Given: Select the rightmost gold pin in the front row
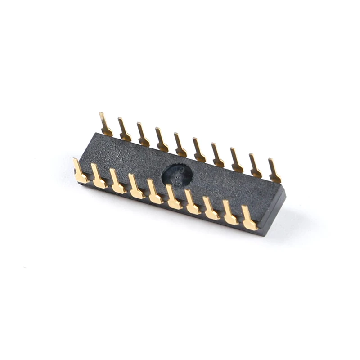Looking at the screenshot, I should [249, 219].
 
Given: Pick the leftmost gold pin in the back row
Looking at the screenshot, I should [105, 125].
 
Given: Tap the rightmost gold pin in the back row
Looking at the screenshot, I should [274, 171].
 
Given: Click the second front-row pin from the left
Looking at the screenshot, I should [99, 177].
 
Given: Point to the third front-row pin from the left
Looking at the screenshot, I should [117, 182].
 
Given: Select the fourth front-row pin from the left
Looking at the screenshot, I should [136, 187].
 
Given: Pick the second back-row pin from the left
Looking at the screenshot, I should [124, 130].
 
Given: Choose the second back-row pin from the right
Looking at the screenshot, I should [255, 166].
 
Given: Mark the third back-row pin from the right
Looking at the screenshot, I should [237, 161].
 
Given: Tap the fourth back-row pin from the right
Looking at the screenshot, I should [218, 156].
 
